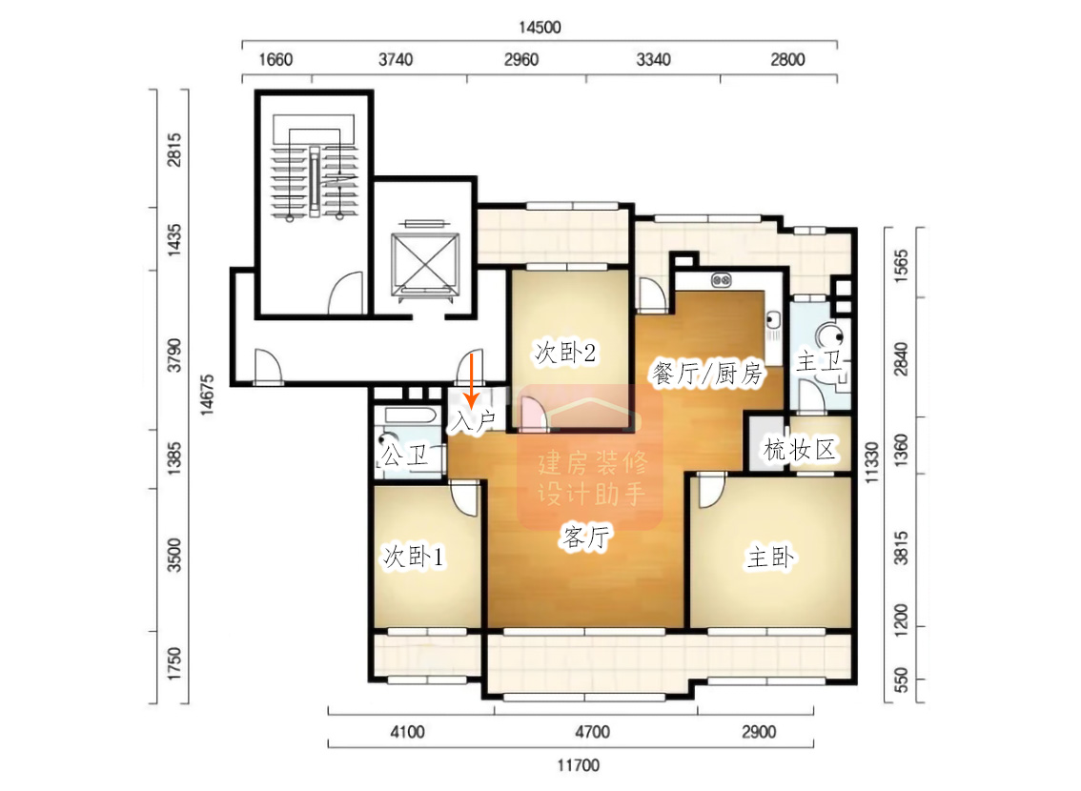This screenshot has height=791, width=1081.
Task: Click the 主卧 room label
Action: coord(771,557)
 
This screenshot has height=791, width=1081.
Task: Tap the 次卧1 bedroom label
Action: coord(414,556)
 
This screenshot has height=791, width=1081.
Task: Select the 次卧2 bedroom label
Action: coord(564,353)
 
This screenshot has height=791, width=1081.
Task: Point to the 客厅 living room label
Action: coord(586,536)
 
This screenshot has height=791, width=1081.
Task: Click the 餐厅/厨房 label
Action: coord(707,374)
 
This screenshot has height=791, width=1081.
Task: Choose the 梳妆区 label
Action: coord(800,450)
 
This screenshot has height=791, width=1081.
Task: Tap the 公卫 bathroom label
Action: coord(405,455)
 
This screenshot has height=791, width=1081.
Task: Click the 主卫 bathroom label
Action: coord(820,360)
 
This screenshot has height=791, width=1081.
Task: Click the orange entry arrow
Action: coord(472,380)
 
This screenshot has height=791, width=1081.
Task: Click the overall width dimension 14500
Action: coord(540,27)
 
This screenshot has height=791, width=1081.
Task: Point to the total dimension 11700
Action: coord(579,765)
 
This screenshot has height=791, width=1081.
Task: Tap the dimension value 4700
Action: coord(593,732)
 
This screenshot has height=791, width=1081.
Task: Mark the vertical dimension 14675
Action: coord(207,395)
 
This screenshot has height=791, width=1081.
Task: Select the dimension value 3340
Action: coord(653,60)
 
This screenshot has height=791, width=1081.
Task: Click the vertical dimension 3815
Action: coord(901,549)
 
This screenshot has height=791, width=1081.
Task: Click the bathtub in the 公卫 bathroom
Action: coord(411,416)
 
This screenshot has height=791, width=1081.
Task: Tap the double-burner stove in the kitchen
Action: coord(721,280)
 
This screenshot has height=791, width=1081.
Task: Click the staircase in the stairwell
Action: coord(315,182)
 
